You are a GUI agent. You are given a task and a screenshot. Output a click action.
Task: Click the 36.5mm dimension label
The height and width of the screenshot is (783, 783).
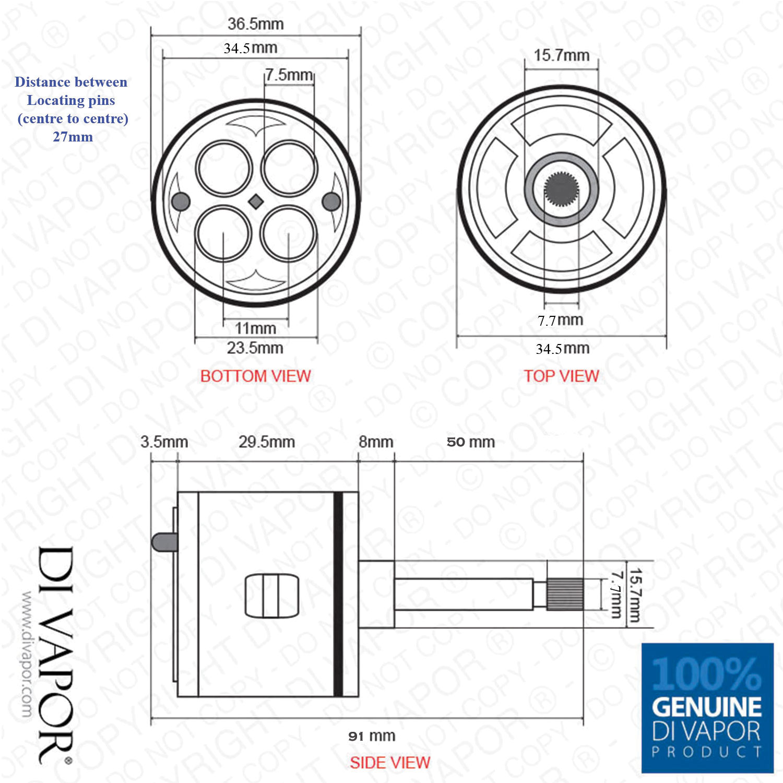click(255, 24)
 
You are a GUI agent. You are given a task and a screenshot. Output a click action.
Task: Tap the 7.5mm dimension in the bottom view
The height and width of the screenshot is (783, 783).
click(289, 75)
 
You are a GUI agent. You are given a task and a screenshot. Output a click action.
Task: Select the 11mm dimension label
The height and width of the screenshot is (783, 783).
click(255, 328)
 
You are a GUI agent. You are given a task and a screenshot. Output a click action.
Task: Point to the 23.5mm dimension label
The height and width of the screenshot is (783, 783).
click(255, 348)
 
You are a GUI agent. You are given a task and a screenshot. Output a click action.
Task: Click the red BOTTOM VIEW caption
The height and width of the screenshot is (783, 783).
click(255, 376)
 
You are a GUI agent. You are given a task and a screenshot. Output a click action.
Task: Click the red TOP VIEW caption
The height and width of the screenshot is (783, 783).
click(561, 376)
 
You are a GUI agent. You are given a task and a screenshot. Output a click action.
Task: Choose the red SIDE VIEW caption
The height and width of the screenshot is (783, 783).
click(390, 763)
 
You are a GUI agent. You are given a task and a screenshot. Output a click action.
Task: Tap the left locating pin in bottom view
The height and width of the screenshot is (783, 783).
click(181, 201)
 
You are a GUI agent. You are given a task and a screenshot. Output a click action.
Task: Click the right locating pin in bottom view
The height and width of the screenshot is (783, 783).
click(331, 201)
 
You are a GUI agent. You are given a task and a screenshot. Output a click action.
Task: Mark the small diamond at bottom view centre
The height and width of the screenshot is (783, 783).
click(256, 201)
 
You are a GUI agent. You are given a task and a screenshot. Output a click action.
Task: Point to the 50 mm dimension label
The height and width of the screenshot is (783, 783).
click(471, 442)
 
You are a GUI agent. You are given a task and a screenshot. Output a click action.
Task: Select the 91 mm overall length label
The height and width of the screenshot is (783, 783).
click(372, 736)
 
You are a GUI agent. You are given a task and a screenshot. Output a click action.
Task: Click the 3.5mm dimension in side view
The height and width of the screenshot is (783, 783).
click(164, 442)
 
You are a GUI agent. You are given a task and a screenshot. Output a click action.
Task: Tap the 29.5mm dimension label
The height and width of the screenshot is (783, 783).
click(267, 442)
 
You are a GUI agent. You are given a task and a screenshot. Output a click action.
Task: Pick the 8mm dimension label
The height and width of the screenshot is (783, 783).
click(376, 442)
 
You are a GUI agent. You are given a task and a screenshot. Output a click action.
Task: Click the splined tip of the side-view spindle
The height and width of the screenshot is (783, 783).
click(565, 594)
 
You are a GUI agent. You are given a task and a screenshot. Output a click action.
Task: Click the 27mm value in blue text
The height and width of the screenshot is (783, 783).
click(73, 137)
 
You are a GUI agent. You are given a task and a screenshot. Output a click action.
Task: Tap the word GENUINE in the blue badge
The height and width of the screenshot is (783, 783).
click(707, 707)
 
